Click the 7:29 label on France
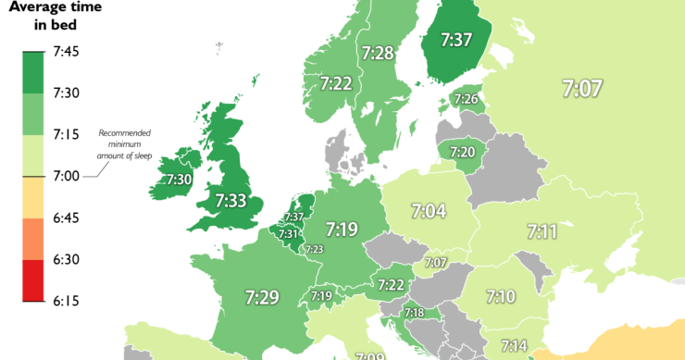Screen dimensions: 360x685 click(x=262, y=297)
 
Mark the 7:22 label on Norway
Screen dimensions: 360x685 click(x=337, y=83)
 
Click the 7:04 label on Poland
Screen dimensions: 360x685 click(x=429, y=212)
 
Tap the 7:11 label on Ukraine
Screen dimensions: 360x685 click(x=542, y=230)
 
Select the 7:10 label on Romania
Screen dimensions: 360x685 click(x=500, y=296)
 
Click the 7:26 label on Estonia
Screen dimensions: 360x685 click(x=467, y=99)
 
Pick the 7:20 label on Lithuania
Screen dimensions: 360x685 click(x=462, y=152)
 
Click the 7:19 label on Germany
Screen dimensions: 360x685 click(x=342, y=228)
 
